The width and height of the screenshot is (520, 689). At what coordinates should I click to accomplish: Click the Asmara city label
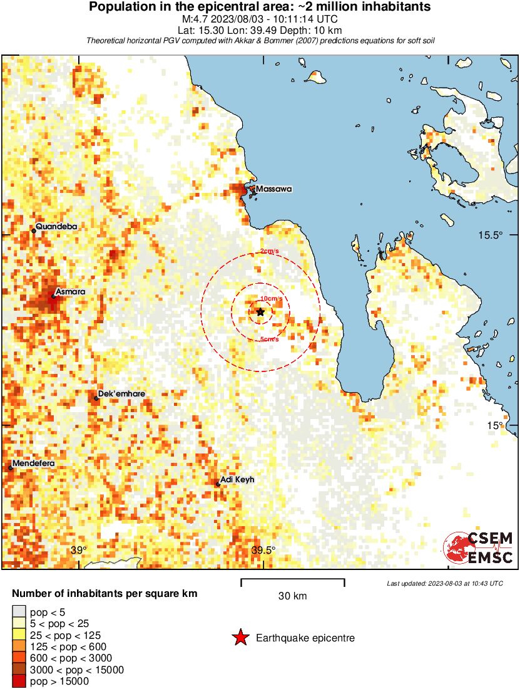click(x=70, y=292)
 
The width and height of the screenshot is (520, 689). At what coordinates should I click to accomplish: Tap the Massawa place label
click(x=273, y=189)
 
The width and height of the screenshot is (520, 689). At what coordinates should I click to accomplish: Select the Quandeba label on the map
click(x=56, y=226)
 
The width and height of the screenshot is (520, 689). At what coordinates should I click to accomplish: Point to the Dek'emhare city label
click(x=122, y=393)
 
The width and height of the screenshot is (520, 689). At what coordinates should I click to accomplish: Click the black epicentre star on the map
click(x=260, y=312)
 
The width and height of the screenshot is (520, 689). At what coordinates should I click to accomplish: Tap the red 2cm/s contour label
click(x=270, y=251)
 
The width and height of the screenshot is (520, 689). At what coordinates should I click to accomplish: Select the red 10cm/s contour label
click(x=271, y=298)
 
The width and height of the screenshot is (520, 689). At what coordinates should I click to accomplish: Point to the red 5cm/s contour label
click(x=269, y=339)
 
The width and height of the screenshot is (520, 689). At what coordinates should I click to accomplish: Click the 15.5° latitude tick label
click(x=491, y=236)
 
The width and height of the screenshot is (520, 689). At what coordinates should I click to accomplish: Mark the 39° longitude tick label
click(x=78, y=551)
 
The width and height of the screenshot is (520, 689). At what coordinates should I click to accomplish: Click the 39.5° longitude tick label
click(x=263, y=551)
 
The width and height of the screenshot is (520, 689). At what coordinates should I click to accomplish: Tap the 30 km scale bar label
click(x=292, y=596)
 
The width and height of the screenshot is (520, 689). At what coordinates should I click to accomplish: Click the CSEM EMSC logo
click(x=478, y=548)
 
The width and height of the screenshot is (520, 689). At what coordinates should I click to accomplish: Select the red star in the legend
click(x=240, y=638)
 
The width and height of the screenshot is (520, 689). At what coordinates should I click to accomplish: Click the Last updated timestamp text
click(x=444, y=583)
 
